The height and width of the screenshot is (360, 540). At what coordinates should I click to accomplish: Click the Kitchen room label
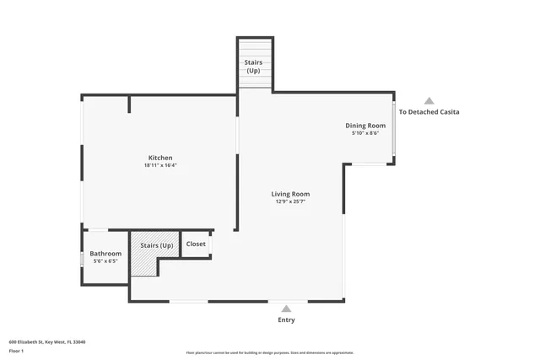(x=160, y=158)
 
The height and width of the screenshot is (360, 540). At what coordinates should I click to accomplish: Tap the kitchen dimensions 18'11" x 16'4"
(x=160, y=165)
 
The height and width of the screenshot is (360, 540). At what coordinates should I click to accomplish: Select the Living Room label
(x=290, y=194)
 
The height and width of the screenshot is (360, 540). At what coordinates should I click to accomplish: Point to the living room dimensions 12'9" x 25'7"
(x=290, y=201)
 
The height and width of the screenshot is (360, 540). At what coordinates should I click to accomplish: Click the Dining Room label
(x=365, y=125)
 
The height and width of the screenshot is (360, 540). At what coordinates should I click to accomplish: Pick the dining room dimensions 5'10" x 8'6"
(x=365, y=132)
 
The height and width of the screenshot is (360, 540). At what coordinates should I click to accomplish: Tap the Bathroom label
(x=105, y=253)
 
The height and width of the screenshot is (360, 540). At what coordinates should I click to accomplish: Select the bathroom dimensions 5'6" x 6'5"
(x=105, y=261)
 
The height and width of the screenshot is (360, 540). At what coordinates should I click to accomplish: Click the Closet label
(x=196, y=244)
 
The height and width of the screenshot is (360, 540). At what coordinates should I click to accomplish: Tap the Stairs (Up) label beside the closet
(x=156, y=244)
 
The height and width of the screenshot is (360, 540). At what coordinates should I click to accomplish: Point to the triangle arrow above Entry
(x=286, y=309)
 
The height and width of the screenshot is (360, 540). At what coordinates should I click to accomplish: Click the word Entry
(x=286, y=320)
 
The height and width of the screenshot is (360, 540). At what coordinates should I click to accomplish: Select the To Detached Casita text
(x=429, y=112)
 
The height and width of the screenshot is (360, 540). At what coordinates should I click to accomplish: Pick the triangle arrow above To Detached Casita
(x=429, y=100)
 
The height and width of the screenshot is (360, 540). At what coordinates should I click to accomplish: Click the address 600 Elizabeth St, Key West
(x=47, y=341)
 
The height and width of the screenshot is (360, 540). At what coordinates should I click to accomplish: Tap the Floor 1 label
(x=15, y=350)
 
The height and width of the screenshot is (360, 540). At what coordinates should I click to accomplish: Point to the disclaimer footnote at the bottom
(x=269, y=352)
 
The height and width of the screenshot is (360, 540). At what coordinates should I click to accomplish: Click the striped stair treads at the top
(x=255, y=83)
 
